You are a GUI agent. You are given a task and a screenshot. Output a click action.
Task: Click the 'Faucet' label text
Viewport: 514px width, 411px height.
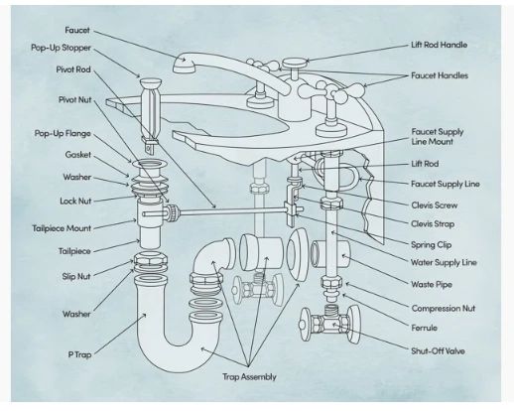pos(77,30)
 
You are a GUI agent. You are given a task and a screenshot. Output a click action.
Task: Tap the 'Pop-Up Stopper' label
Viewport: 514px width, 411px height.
pos(61,48)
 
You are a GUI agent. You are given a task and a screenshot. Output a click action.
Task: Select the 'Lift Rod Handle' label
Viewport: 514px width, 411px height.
pos(440,45)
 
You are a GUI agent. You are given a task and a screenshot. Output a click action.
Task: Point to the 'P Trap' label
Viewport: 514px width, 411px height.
pos(79,354)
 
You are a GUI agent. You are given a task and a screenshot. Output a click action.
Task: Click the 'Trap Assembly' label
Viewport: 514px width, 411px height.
pos(249,377)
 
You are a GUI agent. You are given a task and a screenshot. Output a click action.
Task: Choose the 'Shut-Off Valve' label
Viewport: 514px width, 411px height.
pos(438,350)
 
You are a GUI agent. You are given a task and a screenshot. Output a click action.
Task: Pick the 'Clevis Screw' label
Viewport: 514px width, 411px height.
pos(435,205)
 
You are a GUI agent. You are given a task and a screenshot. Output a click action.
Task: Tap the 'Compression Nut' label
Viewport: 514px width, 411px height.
pos(444,309)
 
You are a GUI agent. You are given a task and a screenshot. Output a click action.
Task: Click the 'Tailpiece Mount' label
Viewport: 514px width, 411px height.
pos(62,228)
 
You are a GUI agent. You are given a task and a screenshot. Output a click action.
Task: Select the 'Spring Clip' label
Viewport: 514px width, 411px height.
pos(432,245)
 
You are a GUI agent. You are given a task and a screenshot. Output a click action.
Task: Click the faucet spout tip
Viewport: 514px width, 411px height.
pos(183,65)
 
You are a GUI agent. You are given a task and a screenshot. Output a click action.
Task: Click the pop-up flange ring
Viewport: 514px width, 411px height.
pos(150,163)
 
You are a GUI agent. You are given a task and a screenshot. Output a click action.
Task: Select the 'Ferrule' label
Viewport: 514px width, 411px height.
pos(424,328)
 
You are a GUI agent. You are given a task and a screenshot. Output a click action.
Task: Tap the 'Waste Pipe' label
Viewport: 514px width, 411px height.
pos(432,284)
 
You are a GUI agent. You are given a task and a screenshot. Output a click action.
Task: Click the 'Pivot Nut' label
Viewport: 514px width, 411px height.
pos(74,99)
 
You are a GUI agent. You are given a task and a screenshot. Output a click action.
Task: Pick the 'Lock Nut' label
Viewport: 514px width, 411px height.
pos(75,201)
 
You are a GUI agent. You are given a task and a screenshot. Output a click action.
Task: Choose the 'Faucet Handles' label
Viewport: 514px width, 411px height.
pos(440,75)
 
